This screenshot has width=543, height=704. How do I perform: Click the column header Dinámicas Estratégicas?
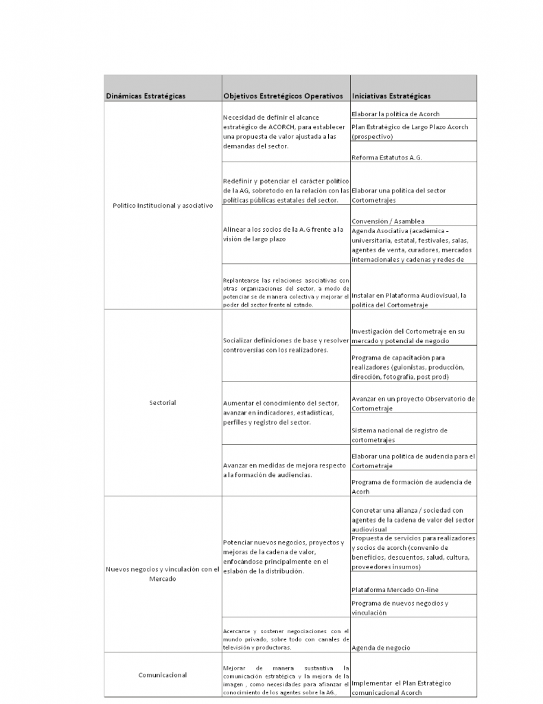(146, 96)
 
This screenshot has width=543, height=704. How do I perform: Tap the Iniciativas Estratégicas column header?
(391, 96)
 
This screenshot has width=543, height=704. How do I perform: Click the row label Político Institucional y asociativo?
(163, 206)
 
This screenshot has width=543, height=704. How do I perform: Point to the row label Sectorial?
(163, 402)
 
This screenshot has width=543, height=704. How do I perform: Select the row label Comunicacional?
(163, 675)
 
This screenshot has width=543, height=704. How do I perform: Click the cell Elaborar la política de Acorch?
(395, 113)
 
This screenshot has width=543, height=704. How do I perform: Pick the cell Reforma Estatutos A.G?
(386, 157)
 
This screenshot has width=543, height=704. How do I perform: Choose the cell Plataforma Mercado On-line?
(395, 589)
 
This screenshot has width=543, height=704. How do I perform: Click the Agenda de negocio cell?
(381, 648)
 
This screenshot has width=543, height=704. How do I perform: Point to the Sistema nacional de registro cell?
(399, 434)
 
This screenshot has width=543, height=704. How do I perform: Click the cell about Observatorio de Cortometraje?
(413, 404)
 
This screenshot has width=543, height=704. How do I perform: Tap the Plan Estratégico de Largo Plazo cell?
(409, 131)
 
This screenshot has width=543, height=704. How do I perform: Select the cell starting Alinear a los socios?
(283, 234)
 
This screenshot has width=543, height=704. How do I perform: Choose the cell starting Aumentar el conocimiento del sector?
(281, 412)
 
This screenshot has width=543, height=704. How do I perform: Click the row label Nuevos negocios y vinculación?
(163, 573)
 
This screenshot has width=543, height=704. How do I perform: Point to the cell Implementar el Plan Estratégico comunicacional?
(401, 687)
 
